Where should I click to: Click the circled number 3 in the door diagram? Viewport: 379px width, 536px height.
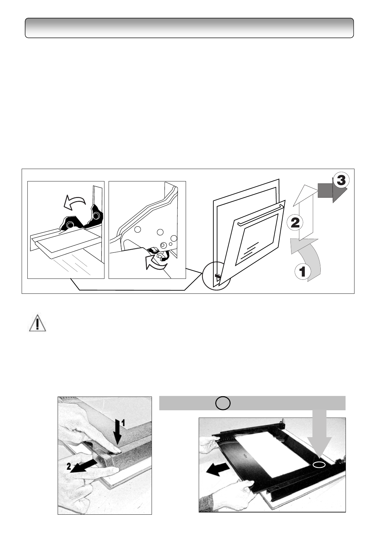coord(340,181)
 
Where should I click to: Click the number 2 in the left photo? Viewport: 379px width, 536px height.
coord(68,467)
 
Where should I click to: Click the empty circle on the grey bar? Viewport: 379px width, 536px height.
coord(223,403)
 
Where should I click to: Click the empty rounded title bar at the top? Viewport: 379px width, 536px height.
coord(189,28)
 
